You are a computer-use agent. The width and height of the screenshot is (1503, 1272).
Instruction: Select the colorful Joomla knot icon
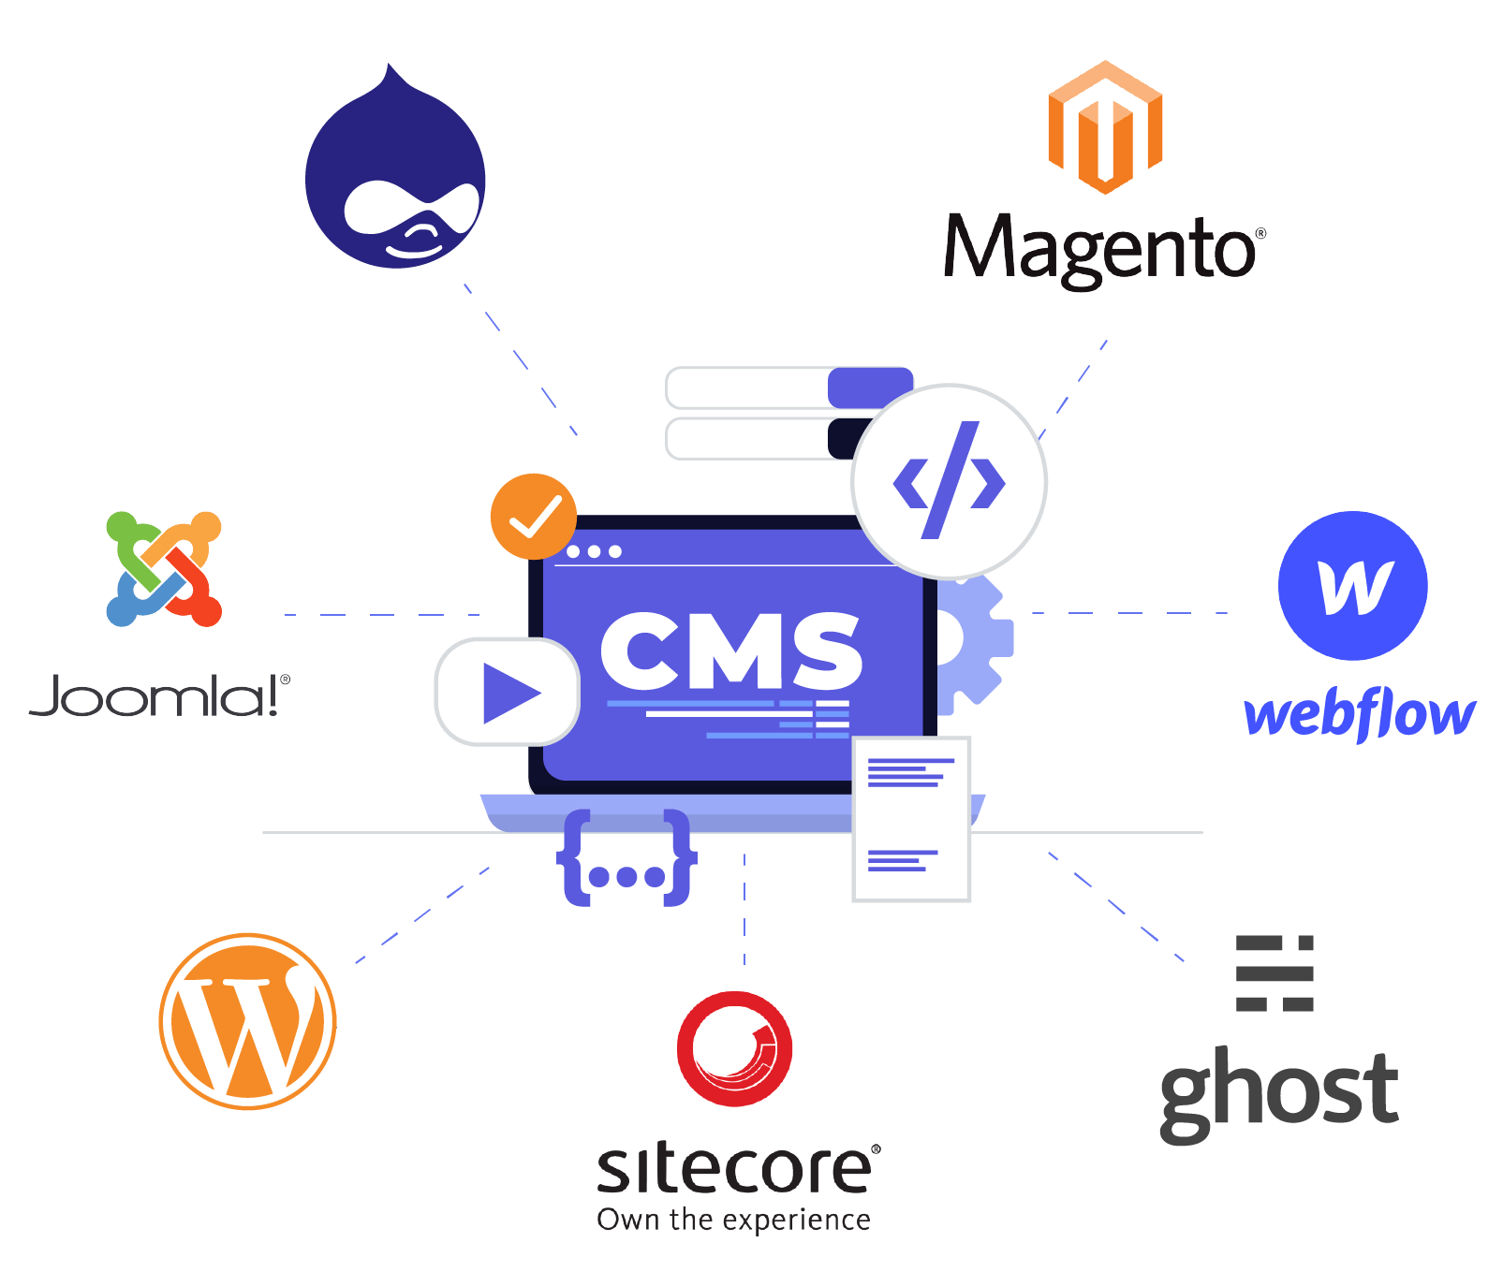[x=164, y=568]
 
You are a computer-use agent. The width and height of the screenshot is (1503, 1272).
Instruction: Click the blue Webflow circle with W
[x=1352, y=586]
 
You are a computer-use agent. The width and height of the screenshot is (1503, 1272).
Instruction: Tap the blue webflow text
[x=1359, y=716]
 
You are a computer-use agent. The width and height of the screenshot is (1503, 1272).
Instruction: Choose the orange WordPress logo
[x=247, y=1021]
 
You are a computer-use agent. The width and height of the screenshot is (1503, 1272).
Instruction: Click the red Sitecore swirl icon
[x=735, y=1049]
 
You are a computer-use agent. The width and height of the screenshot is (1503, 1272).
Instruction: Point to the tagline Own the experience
[x=733, y=1221]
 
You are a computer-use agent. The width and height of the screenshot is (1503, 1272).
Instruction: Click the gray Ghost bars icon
[x=1275, y=973]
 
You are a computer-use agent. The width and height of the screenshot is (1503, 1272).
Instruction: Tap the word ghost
[x=1278, y=1091]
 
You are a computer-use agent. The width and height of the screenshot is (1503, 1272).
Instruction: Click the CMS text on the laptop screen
[x=730, y=651]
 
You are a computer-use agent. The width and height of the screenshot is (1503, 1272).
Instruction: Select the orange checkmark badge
[x=533, y=517]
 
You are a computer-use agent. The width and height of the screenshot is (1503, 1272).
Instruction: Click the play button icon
[x=507, y=692]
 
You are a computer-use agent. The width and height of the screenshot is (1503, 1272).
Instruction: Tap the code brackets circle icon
[x=949, y=481]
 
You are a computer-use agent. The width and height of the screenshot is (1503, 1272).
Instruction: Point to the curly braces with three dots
[x=626, y=858]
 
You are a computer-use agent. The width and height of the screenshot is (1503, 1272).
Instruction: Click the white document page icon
[x=911, y=819]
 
